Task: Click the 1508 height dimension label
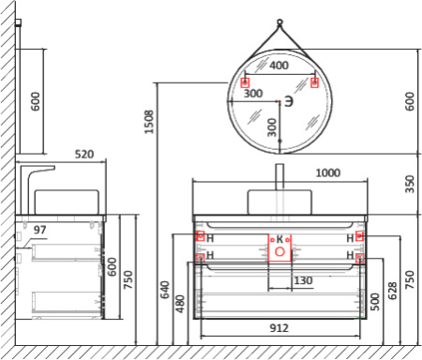coord(149,122)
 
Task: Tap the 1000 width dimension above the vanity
coord(327,172)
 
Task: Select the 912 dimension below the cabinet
coord(279,328)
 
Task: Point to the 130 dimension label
coord(303,280)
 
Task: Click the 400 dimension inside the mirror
coord(279,66)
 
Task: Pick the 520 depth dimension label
coord(84,154)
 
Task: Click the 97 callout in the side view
coord(39,230)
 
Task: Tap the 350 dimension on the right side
coord(410,184)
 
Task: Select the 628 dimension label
coord(392,291)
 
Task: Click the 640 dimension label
coord(165,290)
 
